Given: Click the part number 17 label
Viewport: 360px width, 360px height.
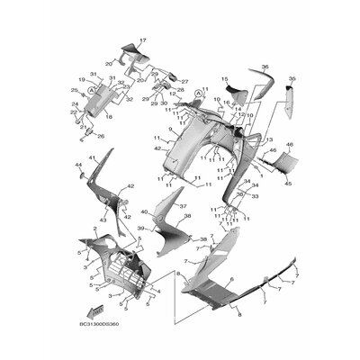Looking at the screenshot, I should pos(141,41).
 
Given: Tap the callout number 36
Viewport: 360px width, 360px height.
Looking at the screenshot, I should pos(265,67).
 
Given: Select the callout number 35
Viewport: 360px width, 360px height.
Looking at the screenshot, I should pos(291,79).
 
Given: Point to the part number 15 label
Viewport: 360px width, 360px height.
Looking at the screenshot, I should pos(225,79).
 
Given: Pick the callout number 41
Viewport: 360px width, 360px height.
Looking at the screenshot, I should pos(92,158).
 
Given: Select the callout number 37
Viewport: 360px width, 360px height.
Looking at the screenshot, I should pos(170,206).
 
